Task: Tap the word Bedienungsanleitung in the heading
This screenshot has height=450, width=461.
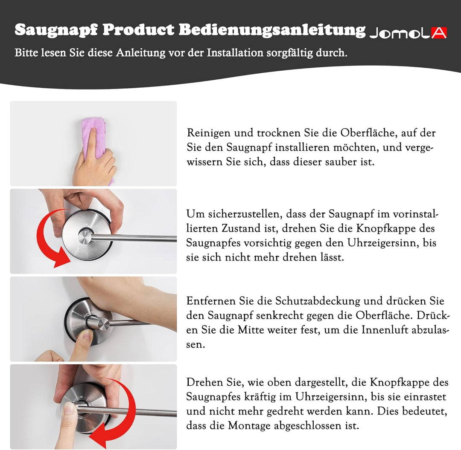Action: [x=272, y=30]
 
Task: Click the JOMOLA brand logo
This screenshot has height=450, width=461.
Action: [x=408, y=33]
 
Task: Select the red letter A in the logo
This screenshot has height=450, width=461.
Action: [x=439, y=33]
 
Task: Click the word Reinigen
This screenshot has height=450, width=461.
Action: [x=209, y=133]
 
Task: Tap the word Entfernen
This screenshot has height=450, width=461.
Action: [x=211, y=301]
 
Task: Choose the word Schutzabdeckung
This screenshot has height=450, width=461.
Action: [x=318, y=301]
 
